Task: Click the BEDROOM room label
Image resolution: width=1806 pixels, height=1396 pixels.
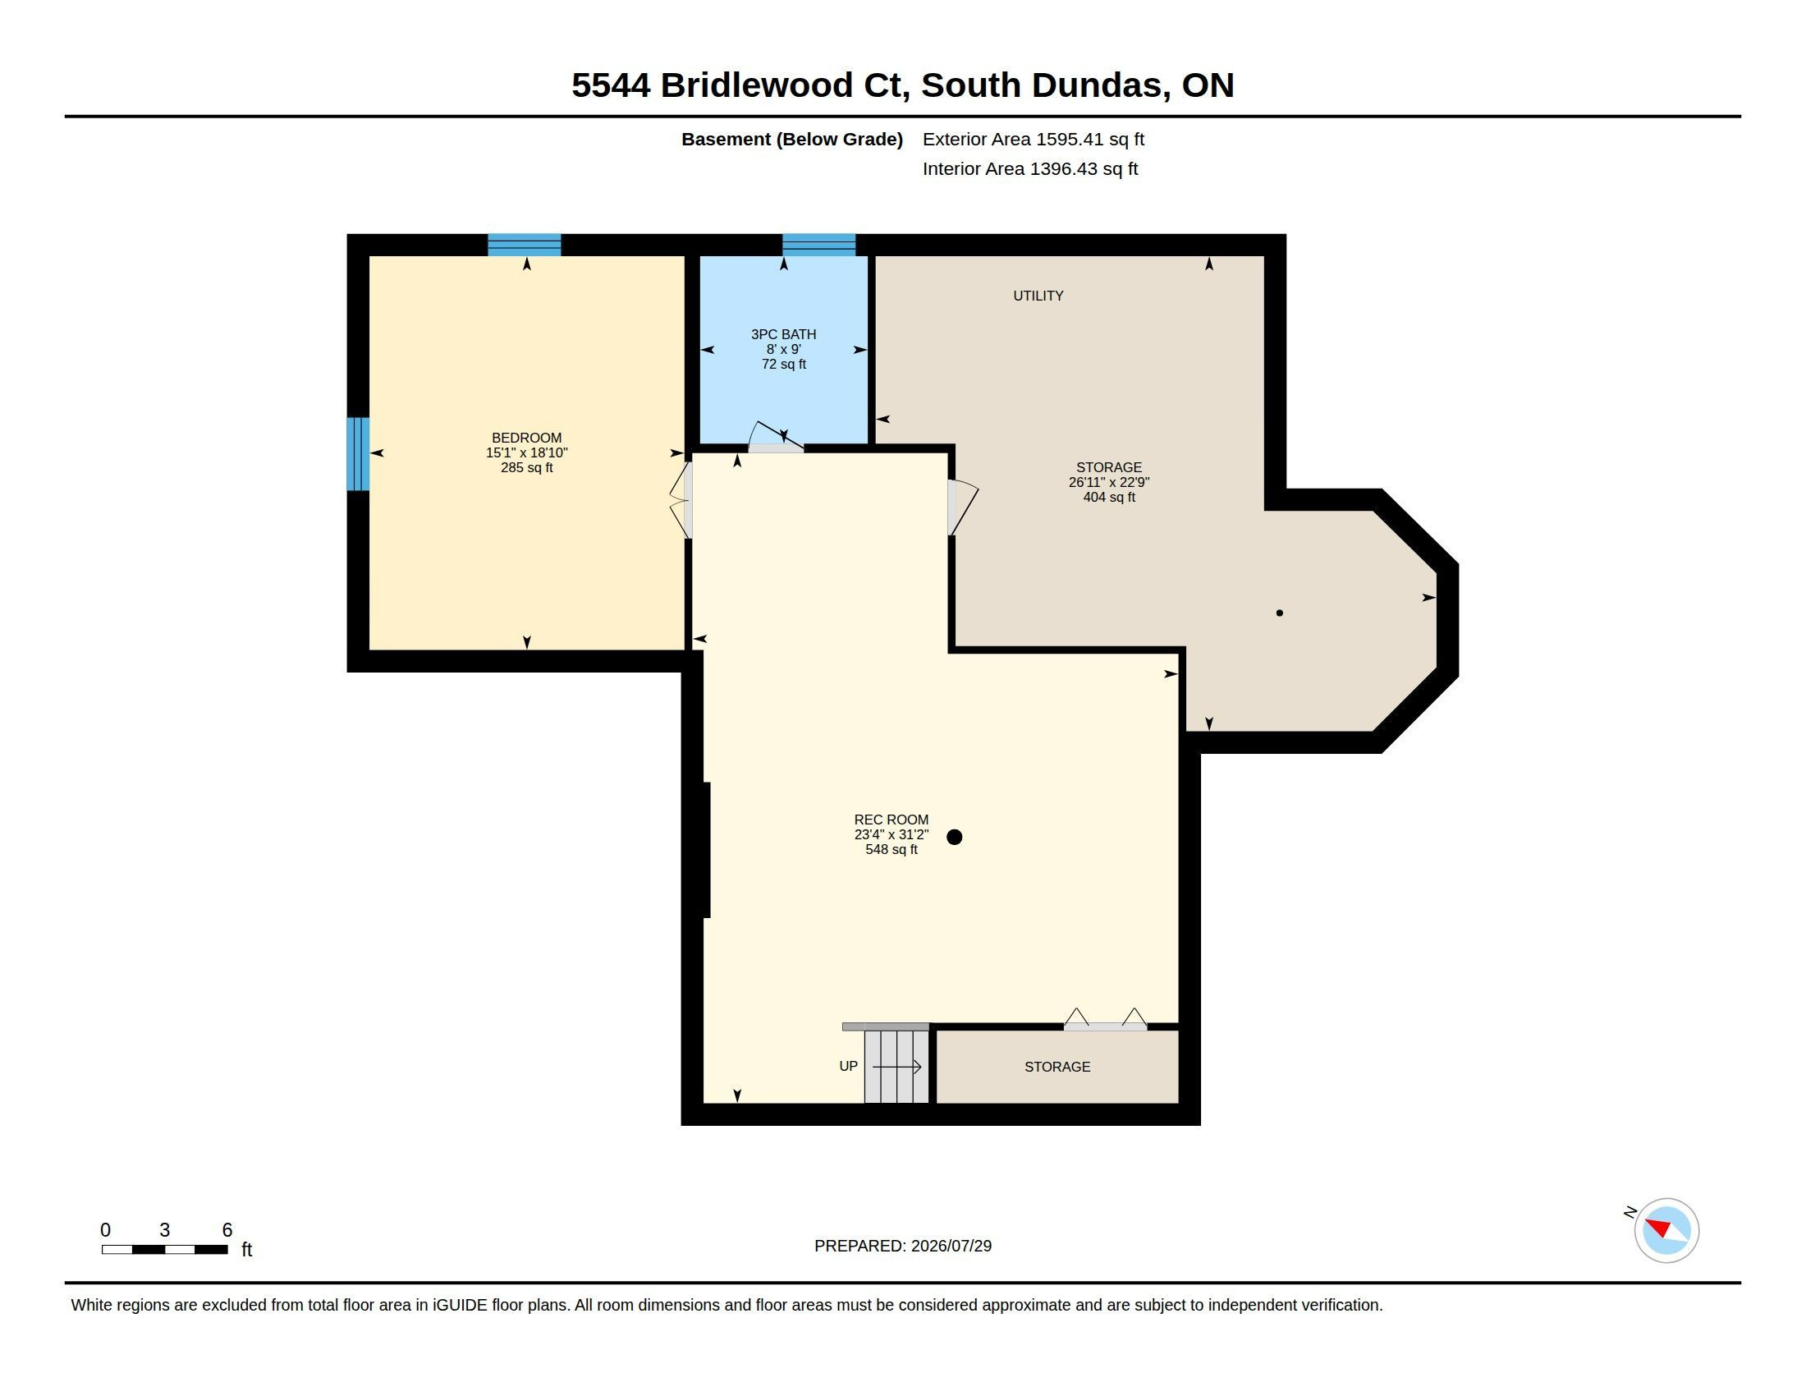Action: (x=527, y=438)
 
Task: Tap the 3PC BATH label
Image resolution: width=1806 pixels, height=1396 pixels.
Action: (x=783, y=334)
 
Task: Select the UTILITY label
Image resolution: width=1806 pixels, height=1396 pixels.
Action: (x=1038, y=296)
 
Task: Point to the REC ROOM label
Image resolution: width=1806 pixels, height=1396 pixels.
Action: (x=891, y=820)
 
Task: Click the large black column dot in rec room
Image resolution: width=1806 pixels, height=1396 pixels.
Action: (x=954, y=837)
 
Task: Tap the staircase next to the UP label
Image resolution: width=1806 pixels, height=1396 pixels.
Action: (x=896, y=1066)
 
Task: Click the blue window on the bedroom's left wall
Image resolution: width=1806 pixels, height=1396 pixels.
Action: (x=358, y=454)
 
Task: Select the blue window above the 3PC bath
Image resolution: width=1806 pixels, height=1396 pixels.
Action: (x=818, y=245)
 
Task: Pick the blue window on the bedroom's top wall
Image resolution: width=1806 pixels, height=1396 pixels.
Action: (x=525, y=245)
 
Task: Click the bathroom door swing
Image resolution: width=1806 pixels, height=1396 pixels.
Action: (x=776, y=437)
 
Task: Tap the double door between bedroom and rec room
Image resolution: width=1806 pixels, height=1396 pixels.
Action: (x=681, y=499)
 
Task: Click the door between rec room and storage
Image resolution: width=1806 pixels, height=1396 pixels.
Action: (x=963, y=507)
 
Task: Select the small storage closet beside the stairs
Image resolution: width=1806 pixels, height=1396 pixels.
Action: (x=1057, y=1067)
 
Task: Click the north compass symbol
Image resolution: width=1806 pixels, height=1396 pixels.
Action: (x=1666, y=1230)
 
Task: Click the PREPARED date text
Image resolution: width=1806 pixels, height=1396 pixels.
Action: (x=903, y=1246)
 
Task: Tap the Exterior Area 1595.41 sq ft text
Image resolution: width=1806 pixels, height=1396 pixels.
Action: (x=1034, y=139)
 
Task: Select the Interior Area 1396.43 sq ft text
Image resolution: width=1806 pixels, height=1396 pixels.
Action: (x=1030, y=168)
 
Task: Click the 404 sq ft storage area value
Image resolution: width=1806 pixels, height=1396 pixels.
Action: (x=1109, y=497)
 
